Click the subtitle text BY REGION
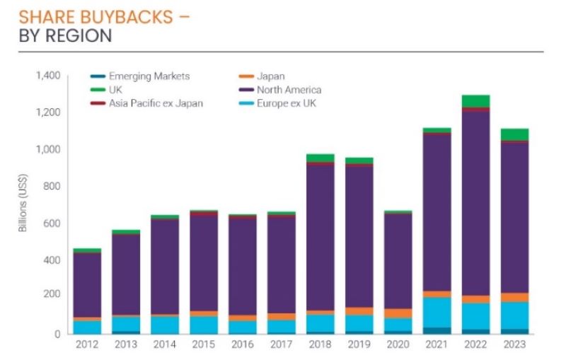[65, 35]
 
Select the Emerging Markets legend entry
[149, 76]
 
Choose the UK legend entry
[115, 90]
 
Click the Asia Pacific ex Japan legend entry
[156, 103]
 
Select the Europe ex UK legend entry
[287, 103]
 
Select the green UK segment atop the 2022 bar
[476, 101]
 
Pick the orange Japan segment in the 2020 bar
[398, 313]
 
